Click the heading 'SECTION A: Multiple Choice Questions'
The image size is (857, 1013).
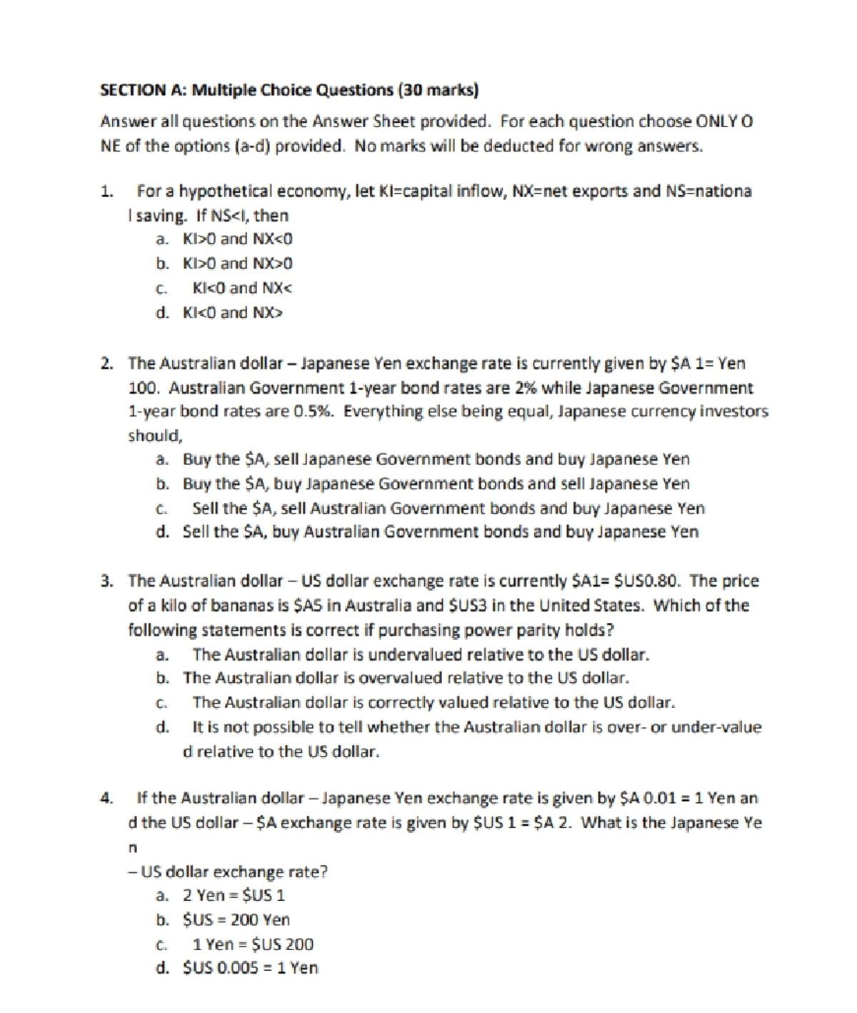246,90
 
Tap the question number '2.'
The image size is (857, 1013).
106,363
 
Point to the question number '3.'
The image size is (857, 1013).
106,581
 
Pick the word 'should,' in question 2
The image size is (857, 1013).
155,436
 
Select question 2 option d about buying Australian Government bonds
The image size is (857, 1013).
441,532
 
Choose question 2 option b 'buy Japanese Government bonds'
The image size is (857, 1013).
436,484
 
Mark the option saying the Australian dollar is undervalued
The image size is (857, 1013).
420,654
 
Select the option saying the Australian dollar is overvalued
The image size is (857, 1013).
406,678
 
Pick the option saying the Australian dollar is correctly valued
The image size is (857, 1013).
433,703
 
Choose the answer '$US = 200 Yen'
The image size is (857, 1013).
236,919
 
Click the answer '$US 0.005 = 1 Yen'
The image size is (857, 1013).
250,968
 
